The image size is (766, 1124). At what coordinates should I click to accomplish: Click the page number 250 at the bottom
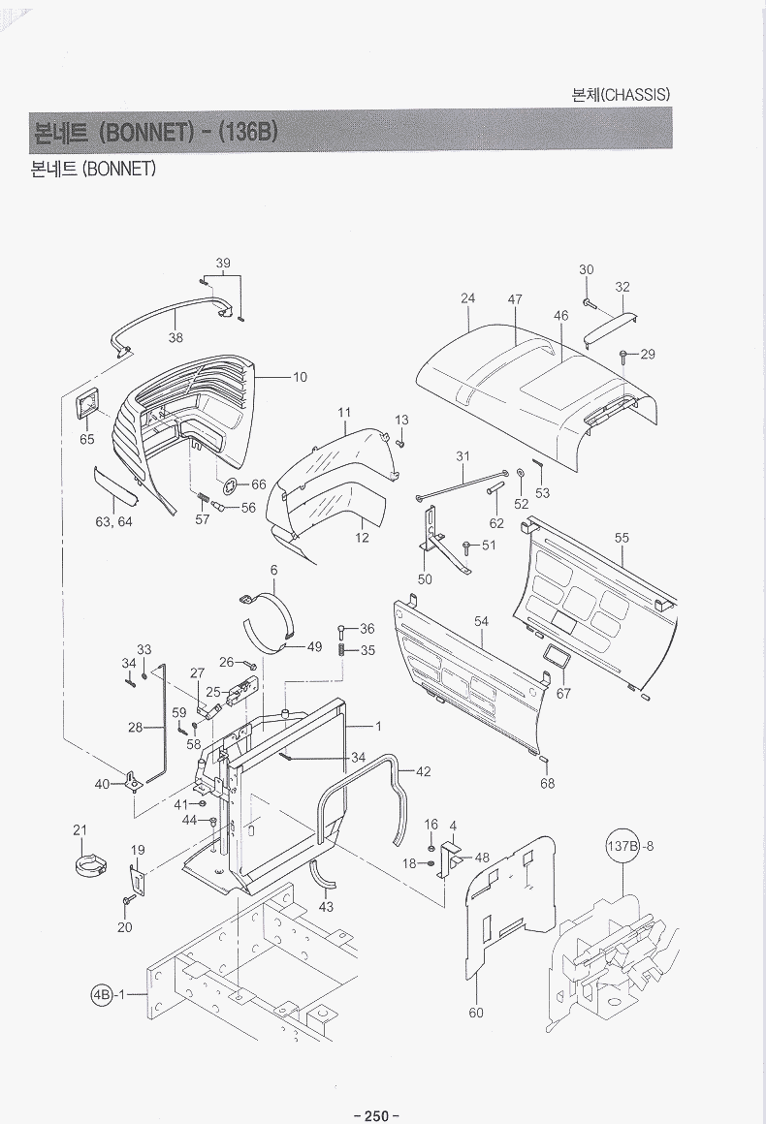[x=376, y=1116]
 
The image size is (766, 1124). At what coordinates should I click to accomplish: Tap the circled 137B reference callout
[x=624, y=846]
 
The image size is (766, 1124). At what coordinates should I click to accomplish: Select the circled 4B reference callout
[x=102, y=995]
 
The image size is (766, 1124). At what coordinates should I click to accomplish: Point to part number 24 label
[x=468, y=298]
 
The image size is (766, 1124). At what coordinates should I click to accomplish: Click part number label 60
[x=476, y=1013]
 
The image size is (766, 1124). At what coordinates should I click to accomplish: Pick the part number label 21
[x=80, y=829]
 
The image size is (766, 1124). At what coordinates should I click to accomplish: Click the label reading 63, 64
[x=113, y=521]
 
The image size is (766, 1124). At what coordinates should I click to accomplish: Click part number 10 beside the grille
[x=300, y=377]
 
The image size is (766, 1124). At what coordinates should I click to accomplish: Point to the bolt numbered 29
[x=624, y=356]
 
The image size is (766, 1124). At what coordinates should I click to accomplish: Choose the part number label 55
[x=622, y=537]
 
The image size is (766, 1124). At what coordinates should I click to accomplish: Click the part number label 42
[x=423, y=771]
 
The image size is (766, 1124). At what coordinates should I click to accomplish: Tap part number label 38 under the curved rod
[x=176, y=338]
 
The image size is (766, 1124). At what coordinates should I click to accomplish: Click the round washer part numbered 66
[x=230, y=485]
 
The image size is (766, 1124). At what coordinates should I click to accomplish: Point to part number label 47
[x=515, y=299]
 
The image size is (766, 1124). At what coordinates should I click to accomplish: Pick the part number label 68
[x=548, y=783]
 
